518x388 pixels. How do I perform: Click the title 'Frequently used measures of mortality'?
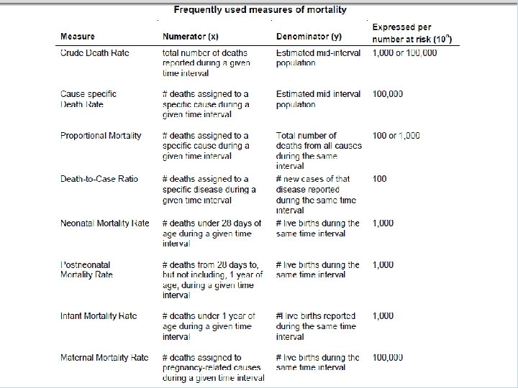(260, 10)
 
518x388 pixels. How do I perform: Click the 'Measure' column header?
(77, 37)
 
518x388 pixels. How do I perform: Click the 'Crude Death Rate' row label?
(94, 53)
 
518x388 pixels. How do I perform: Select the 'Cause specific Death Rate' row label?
(88, 99)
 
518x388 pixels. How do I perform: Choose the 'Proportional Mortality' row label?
(101, 136)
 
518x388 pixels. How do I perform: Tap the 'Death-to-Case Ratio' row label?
(99, 179)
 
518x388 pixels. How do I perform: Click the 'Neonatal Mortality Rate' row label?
(105, 223)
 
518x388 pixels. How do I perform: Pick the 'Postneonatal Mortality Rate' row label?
(86, 270)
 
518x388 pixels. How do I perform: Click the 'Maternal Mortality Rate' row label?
(105, 358)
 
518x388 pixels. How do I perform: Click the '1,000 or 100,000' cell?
(404, 53)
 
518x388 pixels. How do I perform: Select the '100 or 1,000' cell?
(396, 136)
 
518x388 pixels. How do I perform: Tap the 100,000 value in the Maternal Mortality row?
(388, 358)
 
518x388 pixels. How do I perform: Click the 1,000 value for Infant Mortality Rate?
(383, 316)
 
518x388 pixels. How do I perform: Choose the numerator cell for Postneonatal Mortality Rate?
(212, 280)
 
